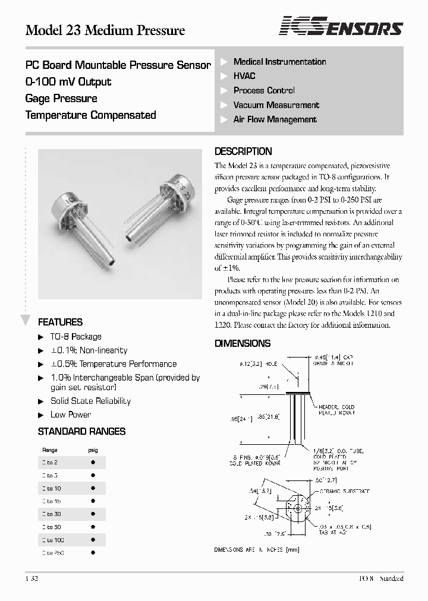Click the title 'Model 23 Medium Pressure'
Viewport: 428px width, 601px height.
point(105,30)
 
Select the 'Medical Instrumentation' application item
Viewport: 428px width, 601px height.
point(279,62)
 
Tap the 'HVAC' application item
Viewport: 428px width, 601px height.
point(244,76)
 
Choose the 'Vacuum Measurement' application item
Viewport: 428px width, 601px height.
point(276,105)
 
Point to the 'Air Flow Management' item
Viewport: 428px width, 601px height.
point(275,119)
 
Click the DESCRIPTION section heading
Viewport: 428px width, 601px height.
point(243,151)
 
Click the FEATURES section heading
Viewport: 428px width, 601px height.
point(60,322)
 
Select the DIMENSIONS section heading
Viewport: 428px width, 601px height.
point(243,343)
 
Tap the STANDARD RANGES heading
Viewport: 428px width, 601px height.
point(81,431)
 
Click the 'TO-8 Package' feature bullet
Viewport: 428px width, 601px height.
point(75,337)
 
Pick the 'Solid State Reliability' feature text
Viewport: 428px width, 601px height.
point(90,401)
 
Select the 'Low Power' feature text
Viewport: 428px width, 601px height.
point(71,415)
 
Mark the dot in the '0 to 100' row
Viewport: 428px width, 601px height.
point(93,540)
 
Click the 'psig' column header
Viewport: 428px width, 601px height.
point(93,450)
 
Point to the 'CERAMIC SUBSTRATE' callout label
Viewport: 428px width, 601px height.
point(344,491)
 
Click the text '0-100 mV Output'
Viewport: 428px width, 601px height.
point(68,82)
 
